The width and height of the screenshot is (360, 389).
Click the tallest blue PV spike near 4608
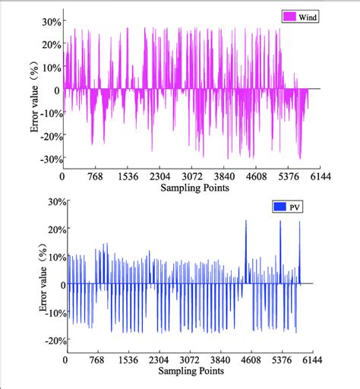pos(246,222)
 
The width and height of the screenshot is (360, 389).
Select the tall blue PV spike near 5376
pos(280,223)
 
